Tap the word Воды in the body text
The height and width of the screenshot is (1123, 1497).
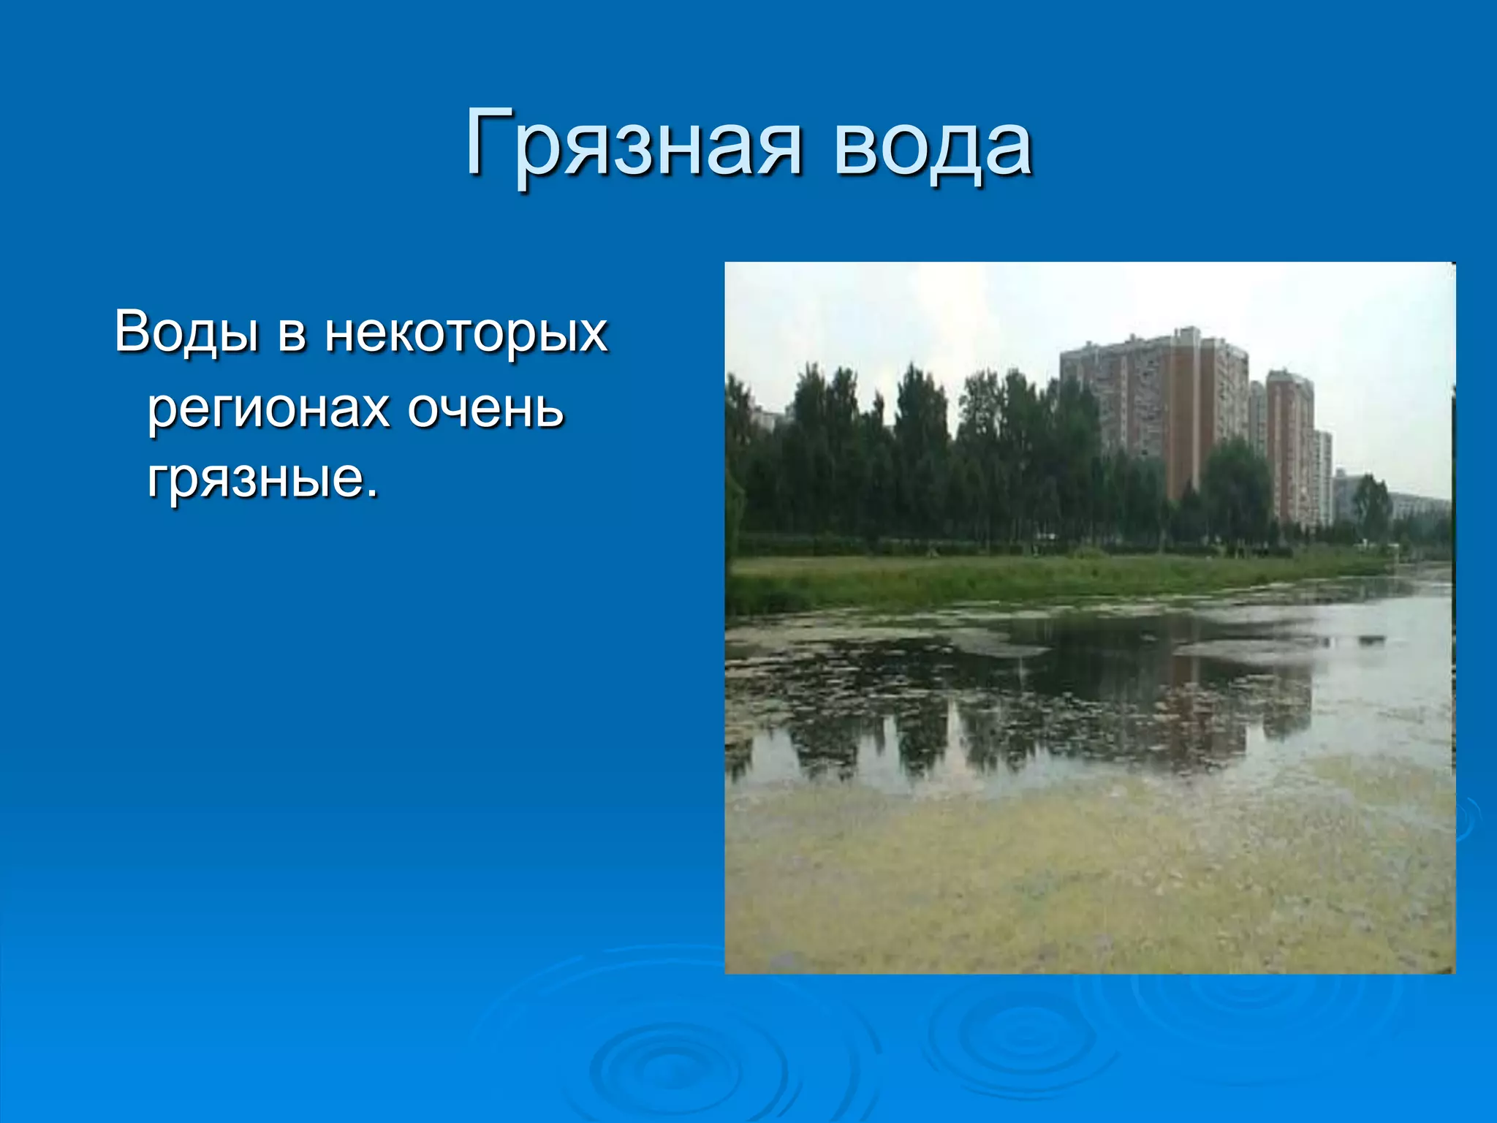[x=186, y=333]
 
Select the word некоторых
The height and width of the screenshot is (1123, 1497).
[x=466, y=333]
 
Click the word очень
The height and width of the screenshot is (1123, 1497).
[x=485, y=409]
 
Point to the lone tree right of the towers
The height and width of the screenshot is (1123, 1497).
[x=1371, y=504]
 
